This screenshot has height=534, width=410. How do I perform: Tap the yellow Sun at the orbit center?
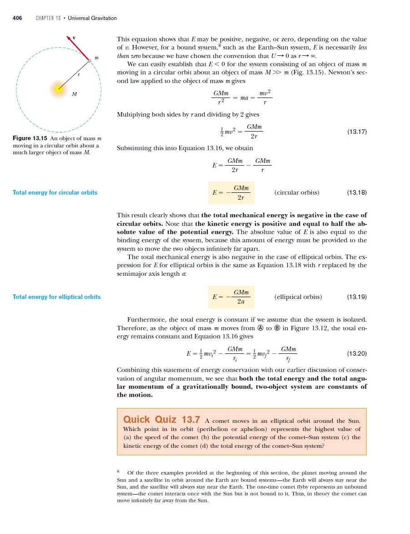pos(59,88)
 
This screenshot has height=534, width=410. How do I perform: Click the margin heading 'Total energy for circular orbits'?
pos(55,193)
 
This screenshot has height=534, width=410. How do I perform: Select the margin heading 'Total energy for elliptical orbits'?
pos(57,297)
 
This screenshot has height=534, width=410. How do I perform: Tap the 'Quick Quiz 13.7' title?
pos(161,419)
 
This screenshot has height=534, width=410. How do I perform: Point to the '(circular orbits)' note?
pos(297,192)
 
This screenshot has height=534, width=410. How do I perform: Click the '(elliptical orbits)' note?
pos(298,297)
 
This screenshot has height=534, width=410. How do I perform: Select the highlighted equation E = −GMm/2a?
pos(230,297)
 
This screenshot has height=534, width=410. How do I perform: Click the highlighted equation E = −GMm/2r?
pos(230,193)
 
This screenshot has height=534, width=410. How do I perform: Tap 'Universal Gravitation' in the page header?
pos(92,18)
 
